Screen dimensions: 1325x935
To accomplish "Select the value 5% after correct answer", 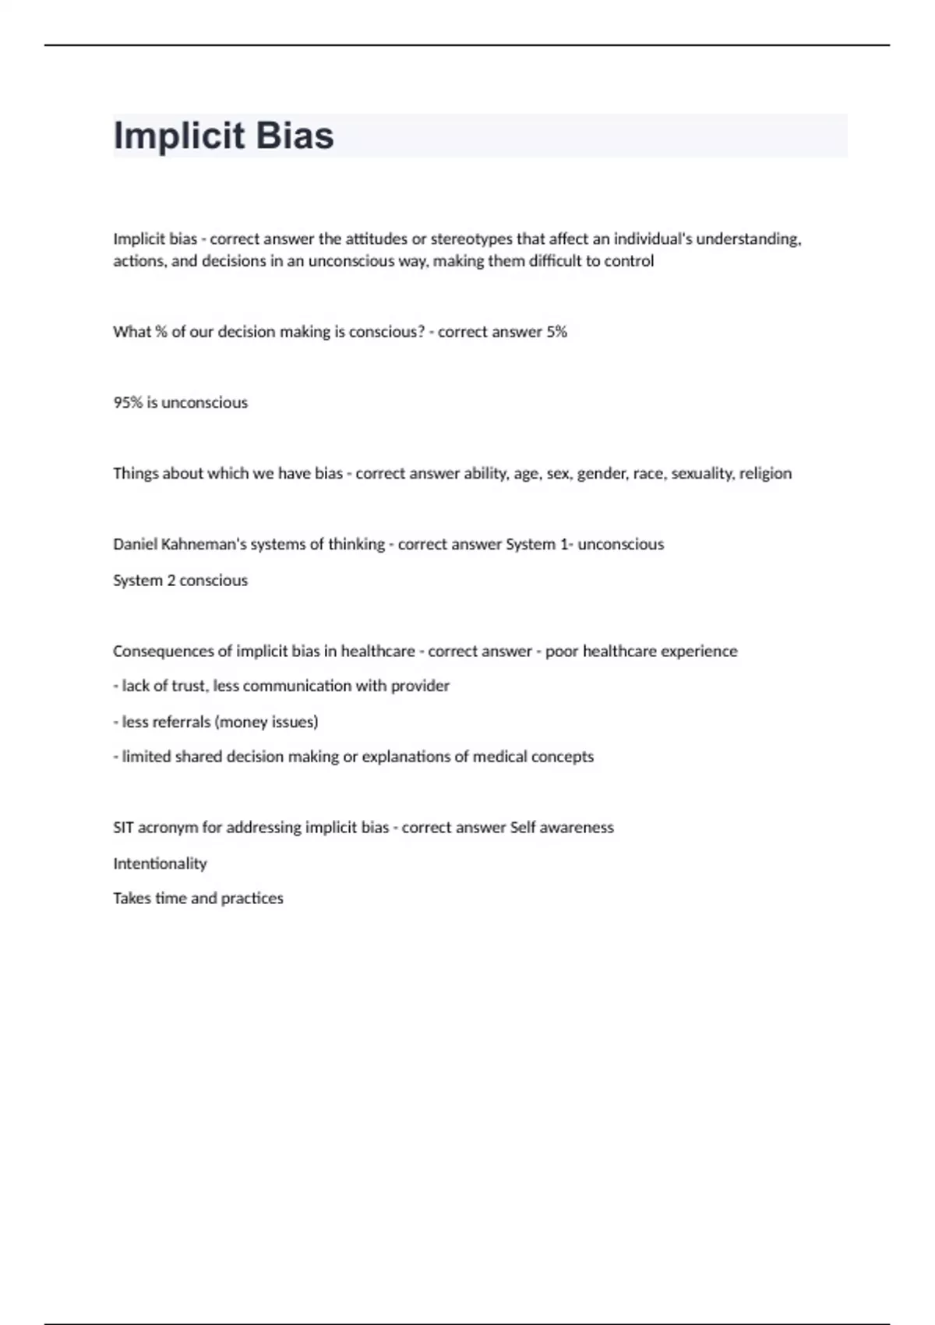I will pos(556,332).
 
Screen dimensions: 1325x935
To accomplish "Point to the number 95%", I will pos(128,403).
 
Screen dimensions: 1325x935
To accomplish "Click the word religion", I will pos(765,474).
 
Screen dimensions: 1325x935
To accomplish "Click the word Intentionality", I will pos(160,864).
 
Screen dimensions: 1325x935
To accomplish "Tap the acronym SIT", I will pos(123,828).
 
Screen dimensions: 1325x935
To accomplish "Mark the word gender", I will pos(601,474).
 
